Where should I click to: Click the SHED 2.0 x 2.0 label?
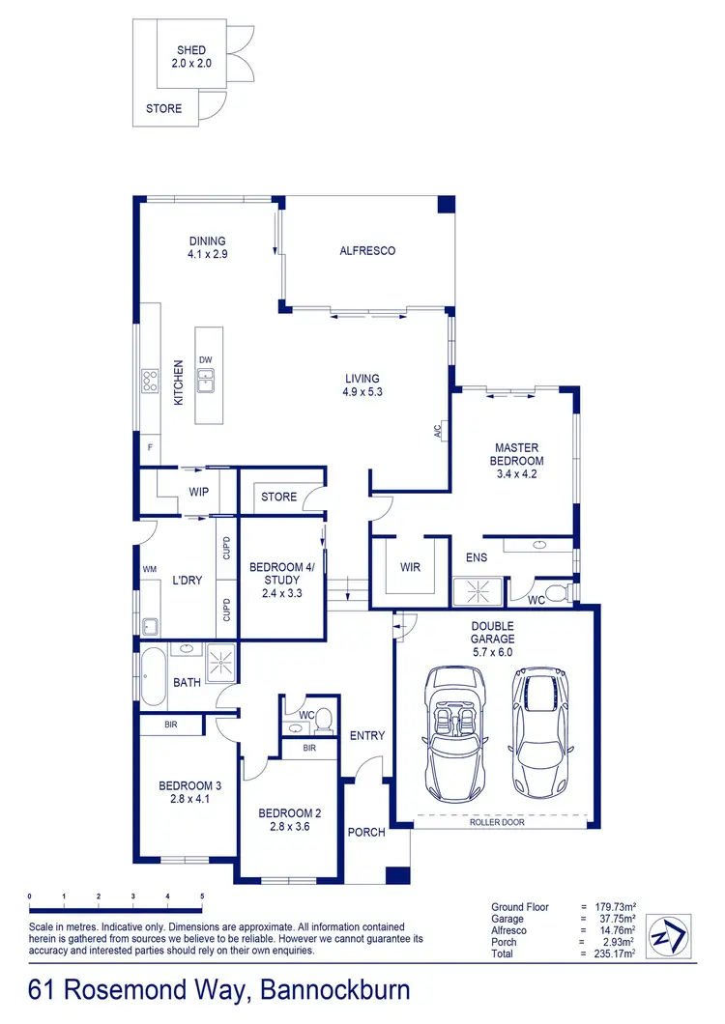(190, 57)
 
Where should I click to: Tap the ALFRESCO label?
(367, 250)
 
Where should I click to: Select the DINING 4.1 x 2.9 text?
(207, 247)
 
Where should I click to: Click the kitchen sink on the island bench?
(207, 383)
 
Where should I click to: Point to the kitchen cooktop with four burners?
(150, 382)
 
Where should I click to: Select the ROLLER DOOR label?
(496, 824)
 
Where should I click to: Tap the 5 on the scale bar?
(202, 896)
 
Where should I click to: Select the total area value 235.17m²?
(615, 953)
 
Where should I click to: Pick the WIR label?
(410, 568)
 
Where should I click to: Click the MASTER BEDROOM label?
(518, 454)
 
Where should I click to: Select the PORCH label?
(366, 832)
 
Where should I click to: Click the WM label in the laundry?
(149, 570)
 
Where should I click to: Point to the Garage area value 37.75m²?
(615, 919)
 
